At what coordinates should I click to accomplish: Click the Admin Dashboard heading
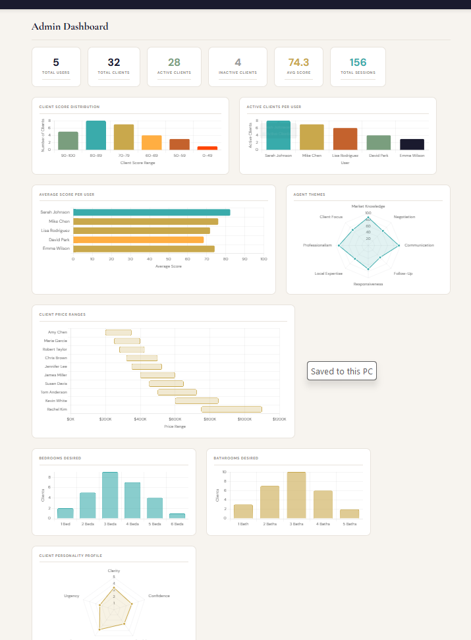click(x=70, y=27)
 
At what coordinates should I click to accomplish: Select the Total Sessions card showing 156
click(x=358, y=66)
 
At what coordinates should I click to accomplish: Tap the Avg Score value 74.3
click(x=298, y=63)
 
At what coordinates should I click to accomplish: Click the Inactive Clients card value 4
click(x=238, y=63)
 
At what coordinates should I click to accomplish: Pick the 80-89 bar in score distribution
click(x=96, y=136)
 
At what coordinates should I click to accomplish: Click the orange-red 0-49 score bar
click(x=207, y=148)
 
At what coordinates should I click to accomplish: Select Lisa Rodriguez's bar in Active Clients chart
click(x=345, y=139)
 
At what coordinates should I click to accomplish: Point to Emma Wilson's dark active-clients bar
click(x=412, y=144)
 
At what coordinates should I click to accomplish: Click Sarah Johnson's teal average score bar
click(x=152, y=212)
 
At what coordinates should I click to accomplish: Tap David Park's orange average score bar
click(x=138, y=240)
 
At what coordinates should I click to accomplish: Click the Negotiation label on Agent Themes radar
click(x=404, y=217)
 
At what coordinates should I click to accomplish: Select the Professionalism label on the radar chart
click(x=317, y=245)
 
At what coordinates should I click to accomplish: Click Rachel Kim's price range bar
click(x=231, y=409)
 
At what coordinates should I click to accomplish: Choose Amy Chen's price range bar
click(x=119, y=332)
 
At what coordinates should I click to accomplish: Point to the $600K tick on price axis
click(x=175, y=419)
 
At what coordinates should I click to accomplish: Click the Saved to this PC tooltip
click(x=342, y=371)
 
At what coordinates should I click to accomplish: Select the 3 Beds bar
click(x=110, y=495)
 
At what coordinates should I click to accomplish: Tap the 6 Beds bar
click(x=177, y=515)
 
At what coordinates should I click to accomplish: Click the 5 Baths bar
click(x=350, y=513)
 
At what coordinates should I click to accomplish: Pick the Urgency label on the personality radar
click(x=72, y=596)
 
